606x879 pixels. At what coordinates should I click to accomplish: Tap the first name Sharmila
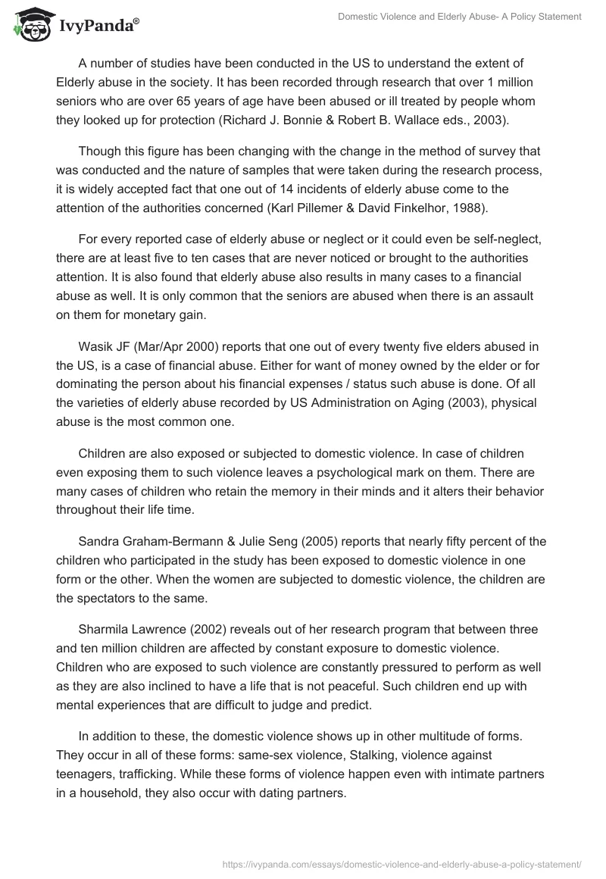[105, 630]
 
